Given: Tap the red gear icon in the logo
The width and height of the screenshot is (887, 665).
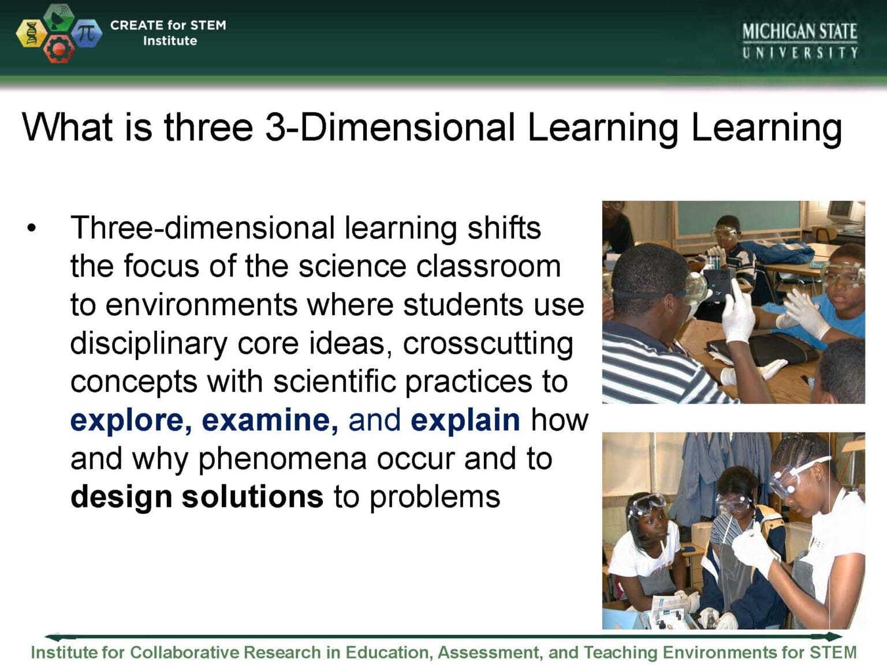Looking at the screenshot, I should click(58, 49).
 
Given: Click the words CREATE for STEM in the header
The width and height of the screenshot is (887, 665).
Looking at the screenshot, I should click(168, 25).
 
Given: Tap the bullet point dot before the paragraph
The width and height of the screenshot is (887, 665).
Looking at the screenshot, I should click(31, 227).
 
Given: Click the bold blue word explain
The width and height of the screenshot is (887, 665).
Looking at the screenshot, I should click(465, 420).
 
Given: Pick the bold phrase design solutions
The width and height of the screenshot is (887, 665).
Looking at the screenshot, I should click(196, 496).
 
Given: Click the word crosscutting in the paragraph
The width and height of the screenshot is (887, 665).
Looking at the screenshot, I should click(488, 344).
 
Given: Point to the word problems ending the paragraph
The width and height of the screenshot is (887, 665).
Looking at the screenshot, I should click(434, 496).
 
